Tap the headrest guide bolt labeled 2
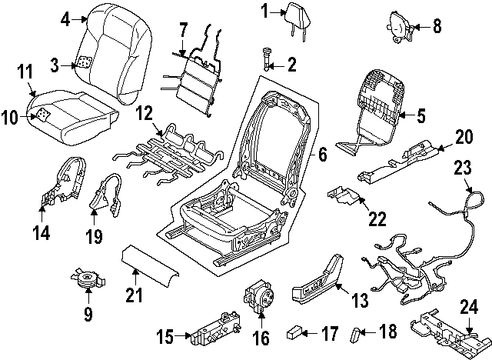pos(265,58)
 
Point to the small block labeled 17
pos(293,333)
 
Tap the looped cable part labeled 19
pos(108,193)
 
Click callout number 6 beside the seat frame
pos(322,155)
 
